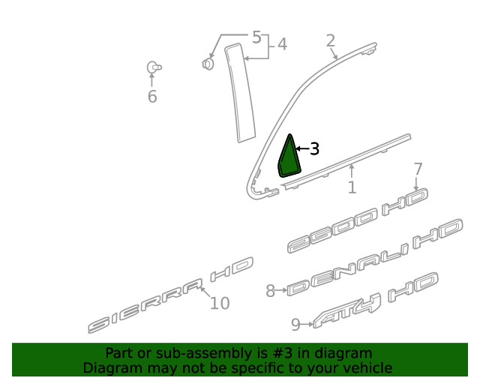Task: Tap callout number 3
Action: click(x=315, y=148)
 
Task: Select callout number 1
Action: click(x=352, y=187)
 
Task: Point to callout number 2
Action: click(x=331, y=40)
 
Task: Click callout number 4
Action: click(x=282, y=44)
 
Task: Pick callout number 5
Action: click(x=256, y=37)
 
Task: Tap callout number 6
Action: click(x=152, y=97)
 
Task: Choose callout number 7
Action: click(x=418, y=169)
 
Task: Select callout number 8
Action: click(x=270, y=290)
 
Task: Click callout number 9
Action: click(x=295, y=325)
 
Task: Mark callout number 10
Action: click(x=220, y=303)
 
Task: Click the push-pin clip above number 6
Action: click(x=154, y=67)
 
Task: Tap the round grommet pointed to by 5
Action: click(x=208, y=64)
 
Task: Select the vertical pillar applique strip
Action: click(x=240, y=92)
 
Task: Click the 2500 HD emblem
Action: click(x=358, y=220)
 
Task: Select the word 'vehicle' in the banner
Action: click(x=370, y=367)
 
